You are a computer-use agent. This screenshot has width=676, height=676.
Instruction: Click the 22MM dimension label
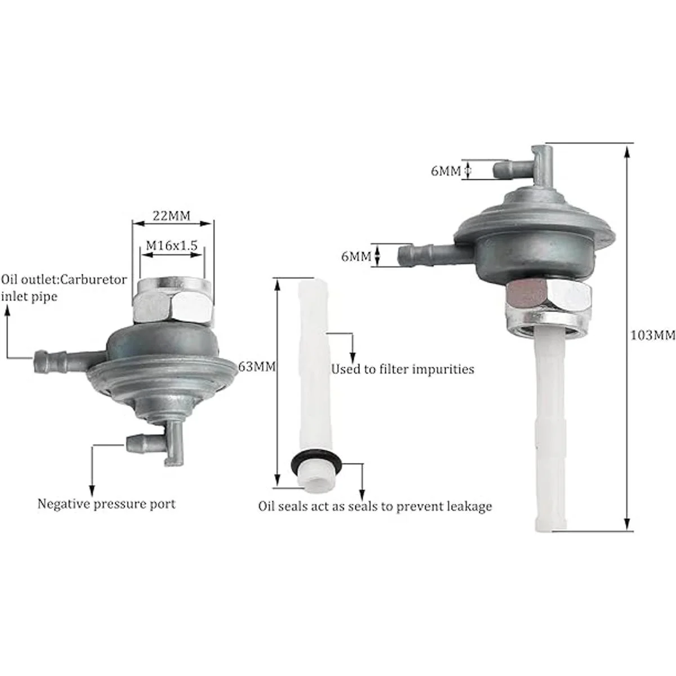coord(172,215)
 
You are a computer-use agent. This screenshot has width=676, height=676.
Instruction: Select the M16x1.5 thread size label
coord(172,245)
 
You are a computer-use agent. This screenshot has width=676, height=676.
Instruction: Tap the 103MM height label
coord(652,336)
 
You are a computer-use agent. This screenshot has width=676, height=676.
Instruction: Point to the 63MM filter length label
coord(257,366)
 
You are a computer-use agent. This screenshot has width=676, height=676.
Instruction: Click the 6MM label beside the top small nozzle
coord(446,171)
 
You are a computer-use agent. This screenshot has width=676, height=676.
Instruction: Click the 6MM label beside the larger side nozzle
coord(356,257)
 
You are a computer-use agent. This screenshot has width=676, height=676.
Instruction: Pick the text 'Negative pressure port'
coord(106,504)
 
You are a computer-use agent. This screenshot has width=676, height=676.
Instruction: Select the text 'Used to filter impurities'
coord(402,369)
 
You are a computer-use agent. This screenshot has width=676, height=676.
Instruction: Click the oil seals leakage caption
coord(375,506)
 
